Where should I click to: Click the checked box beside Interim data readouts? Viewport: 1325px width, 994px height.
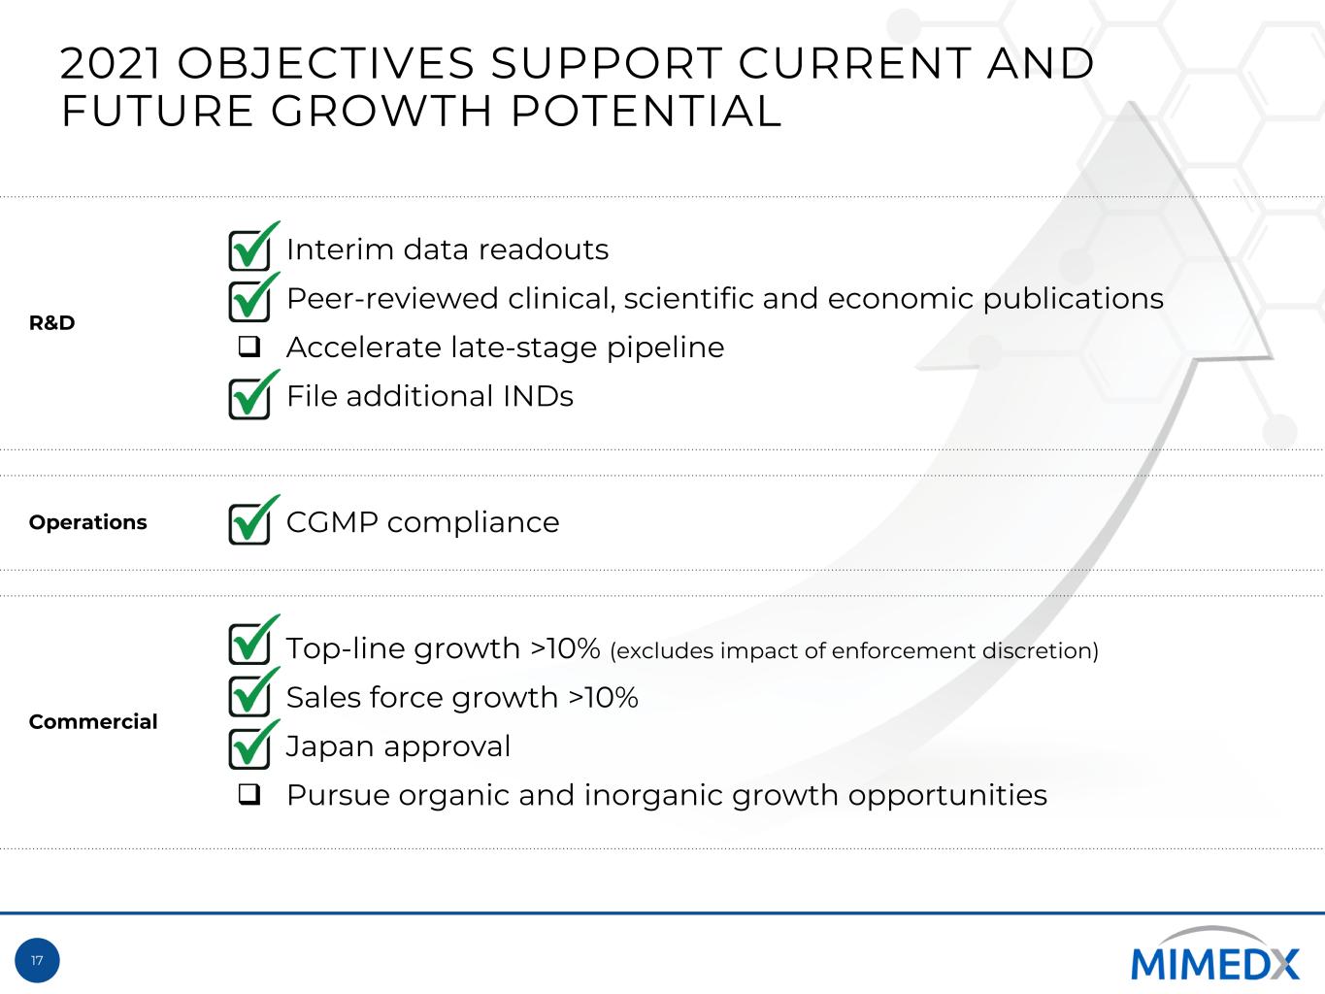coord(249,248)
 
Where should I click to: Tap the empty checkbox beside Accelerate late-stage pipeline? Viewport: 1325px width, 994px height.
coord(249,347)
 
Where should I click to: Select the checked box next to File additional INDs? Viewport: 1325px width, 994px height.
coord(249,395)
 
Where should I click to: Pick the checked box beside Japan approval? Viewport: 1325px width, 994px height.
coord(249,745)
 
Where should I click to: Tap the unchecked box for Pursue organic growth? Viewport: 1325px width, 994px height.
coord(249,794)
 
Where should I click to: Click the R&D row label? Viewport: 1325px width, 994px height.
coord(51,323)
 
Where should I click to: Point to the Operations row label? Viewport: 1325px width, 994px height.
coord(88,522)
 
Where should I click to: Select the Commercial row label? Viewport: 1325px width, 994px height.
coord(93,721)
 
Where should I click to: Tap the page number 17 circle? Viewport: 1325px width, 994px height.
coord(38,960)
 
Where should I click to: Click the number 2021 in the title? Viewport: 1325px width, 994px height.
coord(111,63)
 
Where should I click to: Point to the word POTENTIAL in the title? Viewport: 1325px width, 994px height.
coord(646,111)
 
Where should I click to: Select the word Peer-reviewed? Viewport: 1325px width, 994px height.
coord(392,299)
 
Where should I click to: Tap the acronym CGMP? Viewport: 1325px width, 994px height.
coord(332,522)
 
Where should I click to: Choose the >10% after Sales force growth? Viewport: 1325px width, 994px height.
coord(603,697)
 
